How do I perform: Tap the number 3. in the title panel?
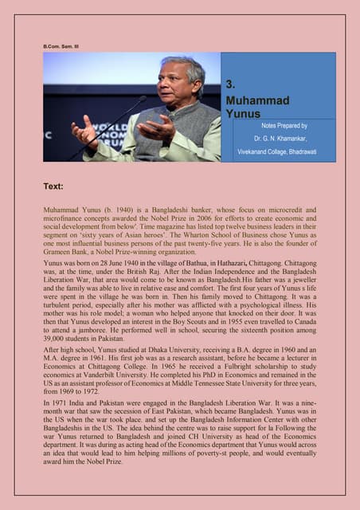[x=230, y=84]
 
